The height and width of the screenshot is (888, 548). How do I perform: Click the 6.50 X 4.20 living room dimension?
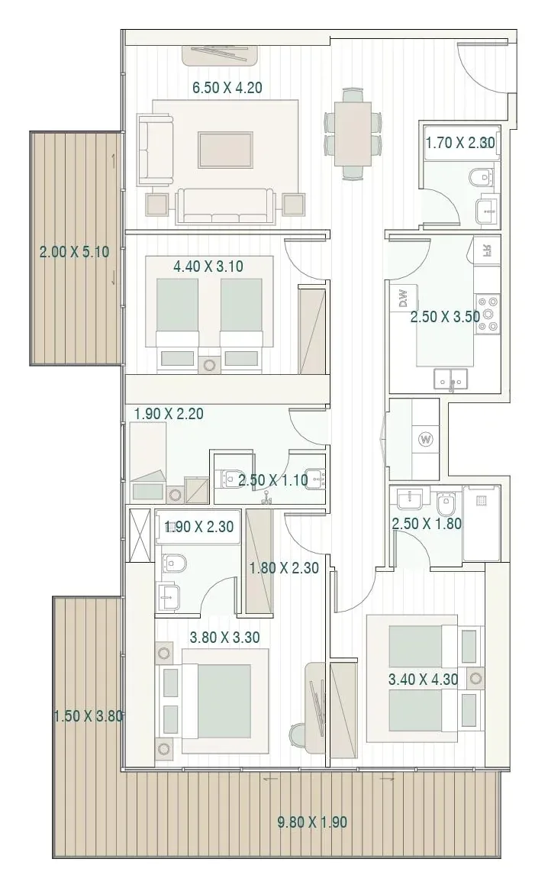[x=227, y=88]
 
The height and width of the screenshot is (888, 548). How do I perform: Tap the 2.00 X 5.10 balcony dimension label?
[x=74, y=252]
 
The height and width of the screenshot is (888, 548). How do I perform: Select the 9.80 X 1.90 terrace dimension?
[x=312, y=822]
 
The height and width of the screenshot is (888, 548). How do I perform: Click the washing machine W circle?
[x=426, y=439]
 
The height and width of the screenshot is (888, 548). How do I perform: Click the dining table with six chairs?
[x=352, y=134]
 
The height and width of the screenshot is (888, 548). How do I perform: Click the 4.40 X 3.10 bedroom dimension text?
[x=209, y=266]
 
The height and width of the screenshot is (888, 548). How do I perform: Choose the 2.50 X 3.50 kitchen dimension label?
[x=446, y=317]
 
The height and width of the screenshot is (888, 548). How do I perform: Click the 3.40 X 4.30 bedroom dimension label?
[x=424, y=679]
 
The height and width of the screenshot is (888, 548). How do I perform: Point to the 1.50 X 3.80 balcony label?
[x=89, y=716]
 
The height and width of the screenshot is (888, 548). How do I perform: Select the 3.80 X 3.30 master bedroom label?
[x=224, y=637]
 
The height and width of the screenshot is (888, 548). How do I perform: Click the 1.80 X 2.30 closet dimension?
[x=284, y=567]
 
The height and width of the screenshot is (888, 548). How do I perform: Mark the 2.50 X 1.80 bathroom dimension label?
[x=427, y=524]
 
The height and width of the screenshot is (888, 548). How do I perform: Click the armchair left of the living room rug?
[x=154, y=150]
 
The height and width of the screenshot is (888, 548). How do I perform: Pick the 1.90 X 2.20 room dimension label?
[x=169, y=414]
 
